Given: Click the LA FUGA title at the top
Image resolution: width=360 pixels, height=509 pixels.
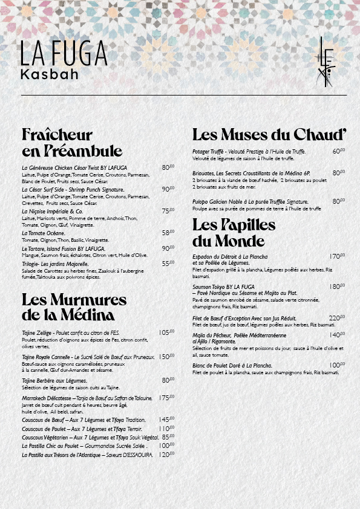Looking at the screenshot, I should (x=64, y=54).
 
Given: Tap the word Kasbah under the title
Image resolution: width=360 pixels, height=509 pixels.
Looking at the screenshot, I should (x=49, y=74).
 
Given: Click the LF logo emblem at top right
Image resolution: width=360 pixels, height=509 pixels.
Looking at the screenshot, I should (x=325, y=62).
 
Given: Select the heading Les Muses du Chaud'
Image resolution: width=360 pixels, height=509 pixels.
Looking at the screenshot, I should (x=269, y=134).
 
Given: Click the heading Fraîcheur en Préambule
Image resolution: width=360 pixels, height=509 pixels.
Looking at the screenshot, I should (x=71, y=142).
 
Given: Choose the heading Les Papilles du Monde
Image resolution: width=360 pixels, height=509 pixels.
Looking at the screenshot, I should (x=234, y=232).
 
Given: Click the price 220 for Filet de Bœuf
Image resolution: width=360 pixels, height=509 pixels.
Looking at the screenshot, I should (x=336, y=318).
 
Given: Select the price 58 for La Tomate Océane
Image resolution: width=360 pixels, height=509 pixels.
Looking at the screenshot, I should (x=168, y=233).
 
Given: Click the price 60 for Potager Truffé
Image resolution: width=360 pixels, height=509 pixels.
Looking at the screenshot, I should (x=338, y=152).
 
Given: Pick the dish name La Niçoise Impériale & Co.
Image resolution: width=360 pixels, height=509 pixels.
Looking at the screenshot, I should (x=52, y=212).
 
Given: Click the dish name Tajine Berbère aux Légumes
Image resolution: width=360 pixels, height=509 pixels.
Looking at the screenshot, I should (x=54, y=380).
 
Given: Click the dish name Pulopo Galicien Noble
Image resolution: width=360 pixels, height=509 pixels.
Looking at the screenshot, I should (x=250, y=201).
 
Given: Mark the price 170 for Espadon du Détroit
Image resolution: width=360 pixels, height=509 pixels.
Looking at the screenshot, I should (x=336, y=256).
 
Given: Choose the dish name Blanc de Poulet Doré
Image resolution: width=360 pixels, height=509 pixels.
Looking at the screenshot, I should (x=232, y=366).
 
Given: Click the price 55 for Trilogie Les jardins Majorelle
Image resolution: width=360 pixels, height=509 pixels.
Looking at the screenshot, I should (x=168, y=264).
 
